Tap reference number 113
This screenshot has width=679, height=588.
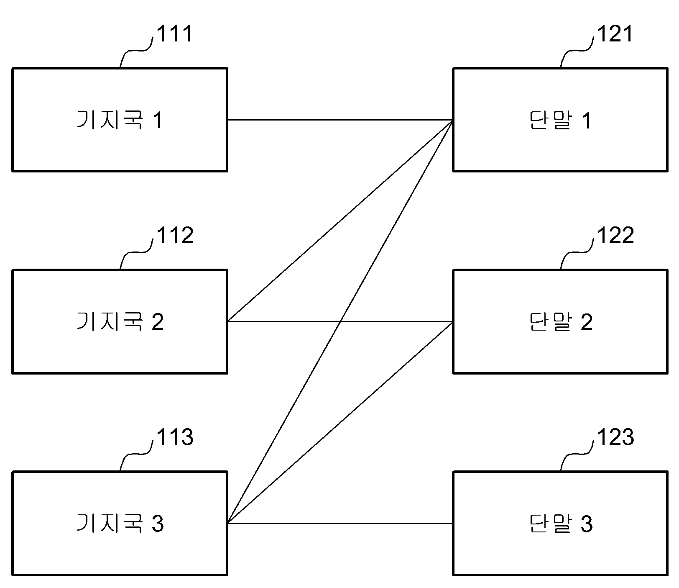pos(175,437)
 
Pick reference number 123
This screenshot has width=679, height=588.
pos(615,437)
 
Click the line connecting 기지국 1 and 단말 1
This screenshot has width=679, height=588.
pos(340,120)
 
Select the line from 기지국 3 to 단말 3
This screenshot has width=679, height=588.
pos(340,523)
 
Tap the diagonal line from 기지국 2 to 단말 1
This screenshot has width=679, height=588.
pos(340,221)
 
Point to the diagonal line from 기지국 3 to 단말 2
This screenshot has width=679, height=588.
pos(340,422)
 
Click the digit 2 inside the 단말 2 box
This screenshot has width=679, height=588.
pos(586,322)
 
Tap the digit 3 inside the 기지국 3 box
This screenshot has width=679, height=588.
pos(157,524)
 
